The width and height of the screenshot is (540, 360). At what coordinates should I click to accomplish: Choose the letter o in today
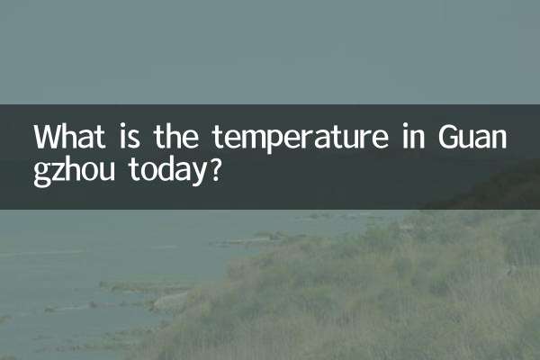click(x=148, y=171)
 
